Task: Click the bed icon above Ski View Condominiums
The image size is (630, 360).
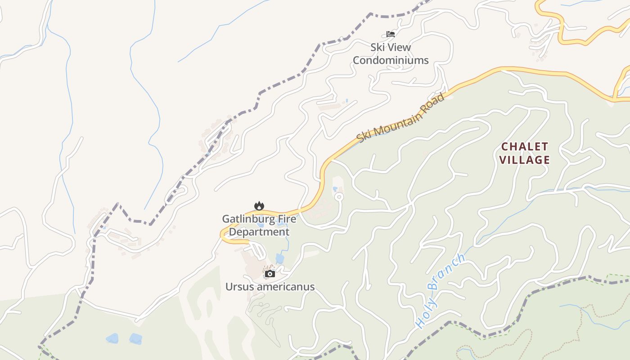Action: [390, 34]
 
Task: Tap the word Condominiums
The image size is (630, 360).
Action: [391, 60]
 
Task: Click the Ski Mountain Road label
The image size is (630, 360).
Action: [400, 118]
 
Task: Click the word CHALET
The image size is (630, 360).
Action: [524, 147]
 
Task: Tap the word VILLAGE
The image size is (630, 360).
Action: [524, 160]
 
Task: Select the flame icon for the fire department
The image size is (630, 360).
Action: [259, 206]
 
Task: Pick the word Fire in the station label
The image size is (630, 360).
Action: [287, 219]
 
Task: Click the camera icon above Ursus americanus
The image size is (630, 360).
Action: [270, 274]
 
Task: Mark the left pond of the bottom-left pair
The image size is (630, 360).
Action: [112, 338]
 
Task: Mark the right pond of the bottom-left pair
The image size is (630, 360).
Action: [135, 339]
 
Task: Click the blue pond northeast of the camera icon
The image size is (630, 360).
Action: [280, 259]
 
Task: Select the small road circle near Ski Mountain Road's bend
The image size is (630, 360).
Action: [339, 197]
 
